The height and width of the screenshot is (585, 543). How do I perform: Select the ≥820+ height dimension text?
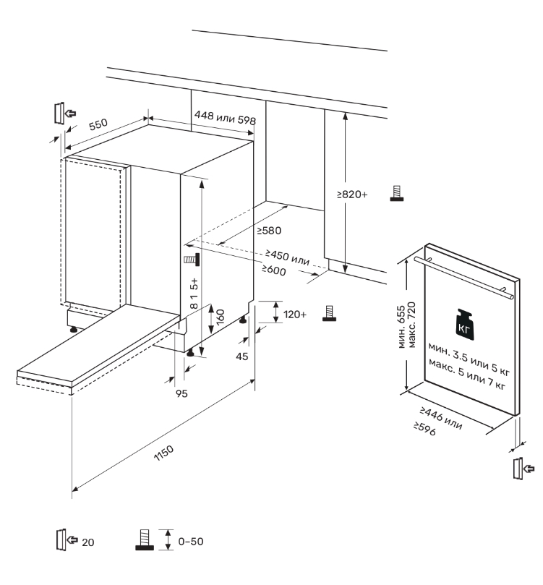tap(353, 195)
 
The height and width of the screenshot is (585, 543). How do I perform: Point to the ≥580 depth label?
tap(268, 231)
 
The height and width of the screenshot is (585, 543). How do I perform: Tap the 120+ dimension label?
tap(294, 315)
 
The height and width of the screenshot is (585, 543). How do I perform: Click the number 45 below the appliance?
tap(242, 356)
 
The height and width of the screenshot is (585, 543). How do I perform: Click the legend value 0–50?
tap(192, 540)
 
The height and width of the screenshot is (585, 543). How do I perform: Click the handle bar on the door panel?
tap(470, 278)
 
